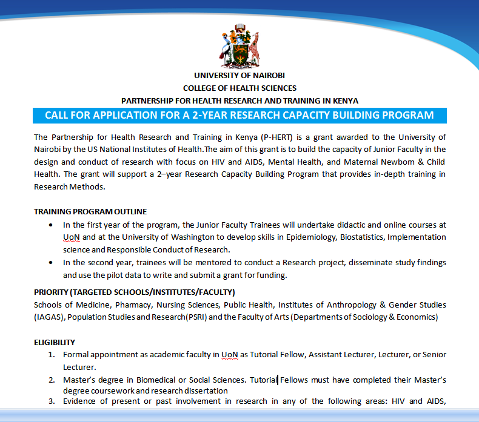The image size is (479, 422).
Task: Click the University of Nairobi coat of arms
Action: pos(239,45)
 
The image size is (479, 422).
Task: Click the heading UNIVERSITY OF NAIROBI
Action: pos(239,76)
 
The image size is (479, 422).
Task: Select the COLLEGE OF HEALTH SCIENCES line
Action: pos(239,88)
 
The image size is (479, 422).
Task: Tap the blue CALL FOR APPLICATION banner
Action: pos(239,115)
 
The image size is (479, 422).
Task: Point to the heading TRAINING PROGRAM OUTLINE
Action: pos(90,212)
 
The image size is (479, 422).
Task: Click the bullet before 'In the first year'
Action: pos(50,225)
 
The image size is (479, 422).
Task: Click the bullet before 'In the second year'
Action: pos(50,263)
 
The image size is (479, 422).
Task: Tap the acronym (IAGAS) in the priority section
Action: pos(50,317)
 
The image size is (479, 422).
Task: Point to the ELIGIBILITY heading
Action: pos(55,342)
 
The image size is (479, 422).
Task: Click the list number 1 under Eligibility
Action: pos(52,354)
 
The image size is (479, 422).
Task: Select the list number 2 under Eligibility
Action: pos(52,380)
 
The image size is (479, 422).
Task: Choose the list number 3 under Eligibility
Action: pos(52,401)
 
